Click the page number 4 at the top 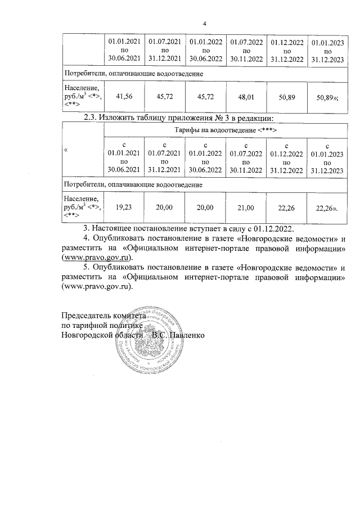[x=205, y=24]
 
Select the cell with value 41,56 [x=124, y=97]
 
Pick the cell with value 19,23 [x=124, y=208]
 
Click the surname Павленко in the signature [x=186, y=335]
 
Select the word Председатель [x=88, y=316]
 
